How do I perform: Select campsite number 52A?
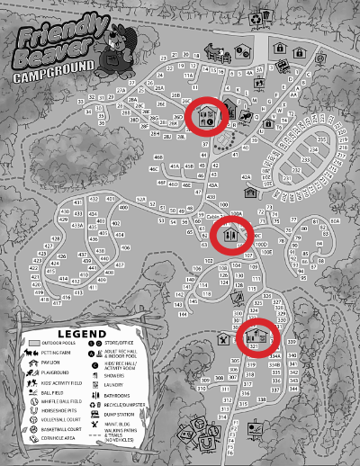click(x=140, y=200)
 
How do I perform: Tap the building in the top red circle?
click(x=208, y=115)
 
